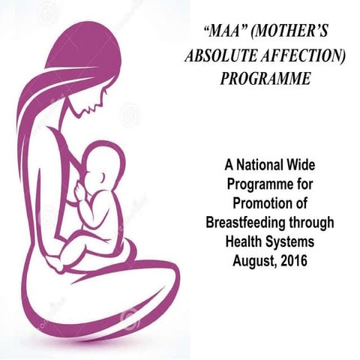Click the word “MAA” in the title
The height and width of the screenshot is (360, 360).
[226, 34]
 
